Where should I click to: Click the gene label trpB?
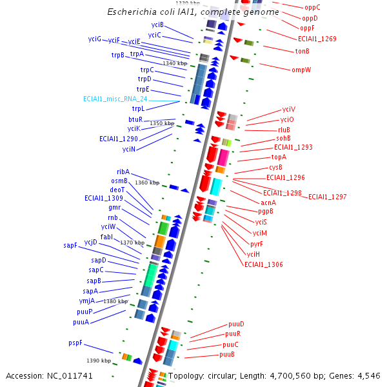(x=117, y=55)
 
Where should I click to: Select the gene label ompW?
(x=301, y=70)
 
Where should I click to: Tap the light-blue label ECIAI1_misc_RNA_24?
(x=115, y=99)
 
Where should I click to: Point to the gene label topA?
(x=279, y=157)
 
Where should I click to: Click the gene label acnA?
(x=268, y=203)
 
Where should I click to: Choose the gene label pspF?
(x=75, y=342)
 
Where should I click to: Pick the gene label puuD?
(x=236, y=324)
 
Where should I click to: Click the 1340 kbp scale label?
(x=175, y=63)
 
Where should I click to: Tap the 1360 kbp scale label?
(x=147, y=183)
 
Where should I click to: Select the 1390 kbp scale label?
(x=99, y=361)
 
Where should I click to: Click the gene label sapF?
(x=70, y=245)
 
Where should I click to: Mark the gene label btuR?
(x=135, y=119)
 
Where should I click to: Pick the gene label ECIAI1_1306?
(x=263, y=264)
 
